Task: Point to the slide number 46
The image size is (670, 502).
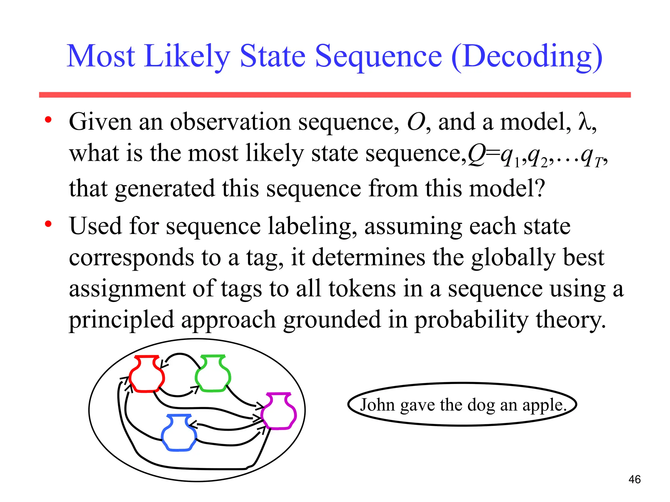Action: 634,479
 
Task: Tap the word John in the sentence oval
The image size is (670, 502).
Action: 378,405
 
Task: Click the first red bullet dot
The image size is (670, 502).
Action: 48,120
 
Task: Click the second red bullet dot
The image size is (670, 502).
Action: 48,224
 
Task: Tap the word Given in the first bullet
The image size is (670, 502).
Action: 100,122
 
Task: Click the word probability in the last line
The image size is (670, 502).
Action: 471,320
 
